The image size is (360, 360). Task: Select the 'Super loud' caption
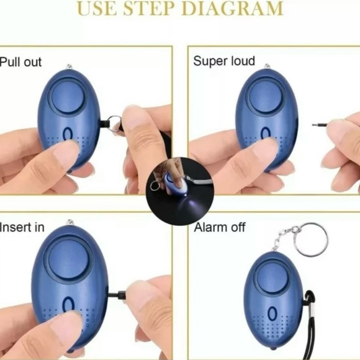(x=224, y=61)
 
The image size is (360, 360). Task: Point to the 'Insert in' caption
(x=22, y=227)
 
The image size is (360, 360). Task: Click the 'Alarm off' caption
(x=219, y=227)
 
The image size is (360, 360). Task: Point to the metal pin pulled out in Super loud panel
(x=320, y=125)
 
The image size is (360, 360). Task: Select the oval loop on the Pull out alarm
(x=69, y=142)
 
